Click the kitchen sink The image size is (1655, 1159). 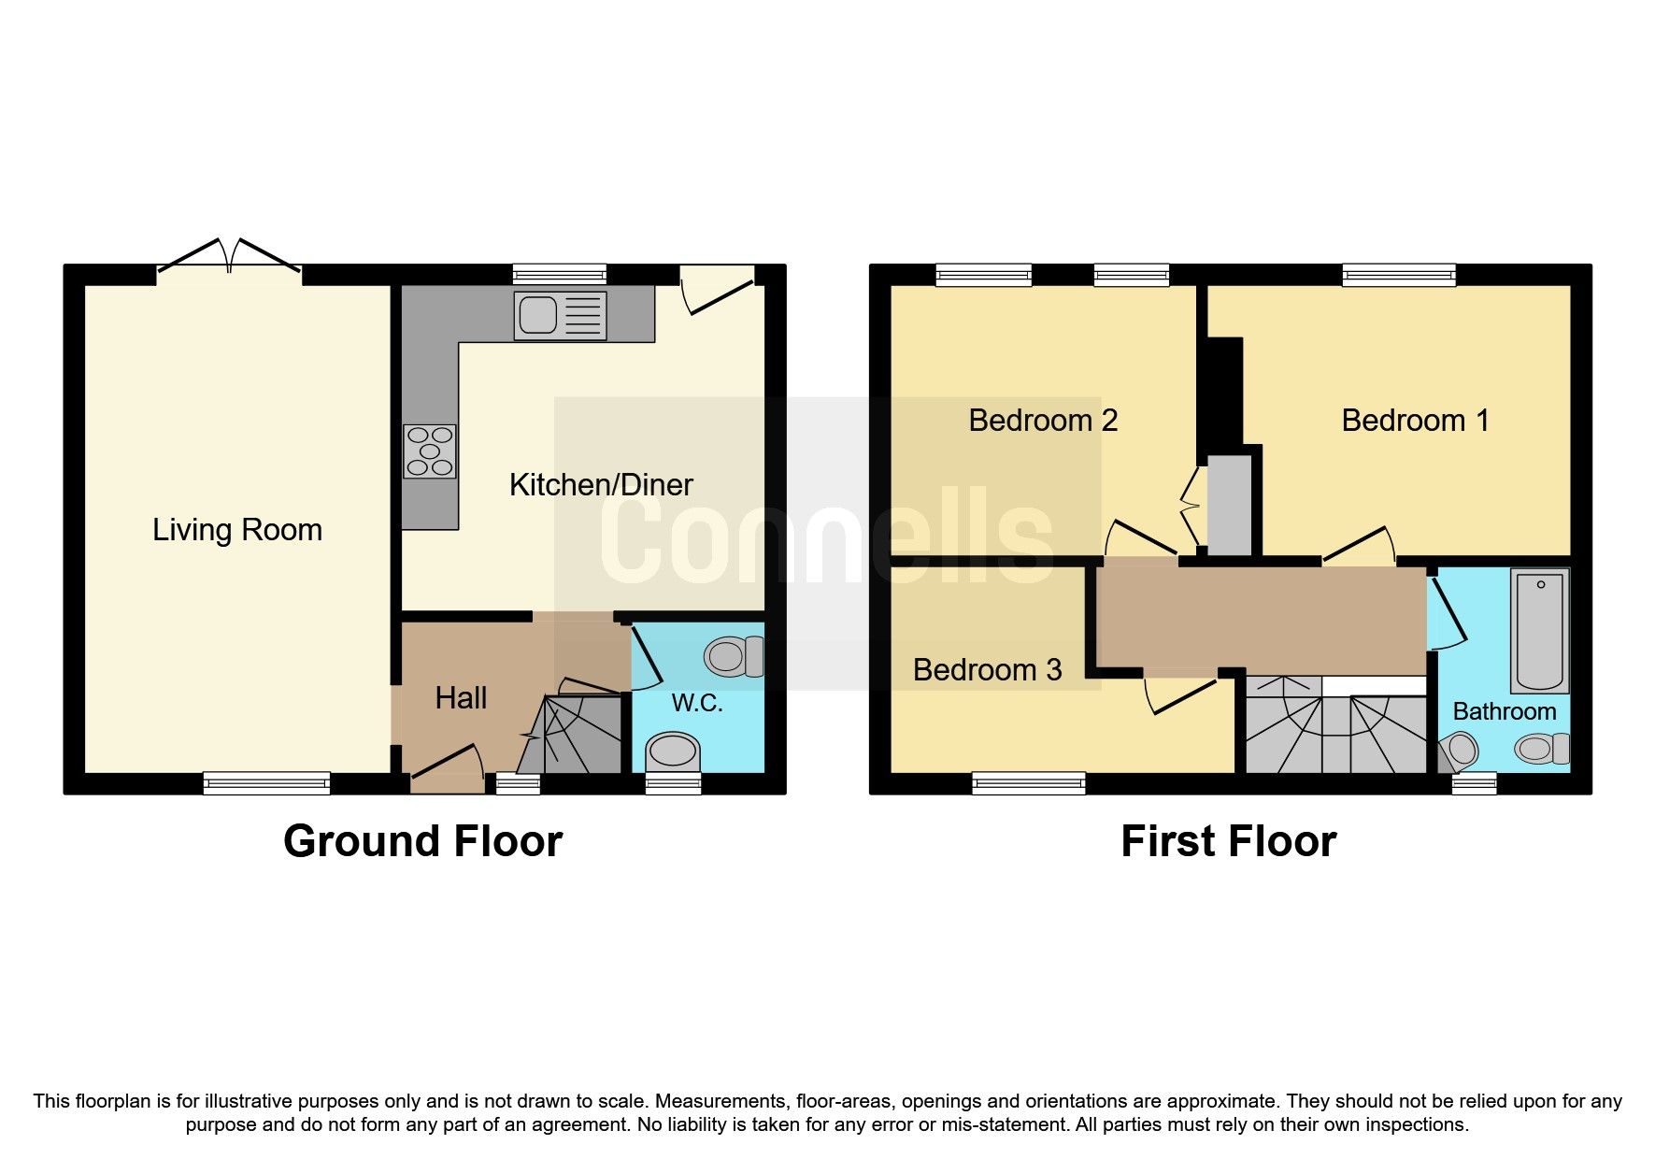click(x=559, y=315)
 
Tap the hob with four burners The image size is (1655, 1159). click(x=430, y=451)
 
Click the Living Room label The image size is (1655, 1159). click(x=237, y=530)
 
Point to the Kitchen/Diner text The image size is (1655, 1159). click(x=601, y=485)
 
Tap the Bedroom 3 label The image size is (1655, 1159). click(x=987, y=670)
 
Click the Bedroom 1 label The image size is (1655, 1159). click(x=1415, y=421)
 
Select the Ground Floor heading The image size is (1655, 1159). click(x=422, y=841)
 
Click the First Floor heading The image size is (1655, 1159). click(x=1228, y=841)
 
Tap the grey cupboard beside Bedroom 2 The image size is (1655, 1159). click(x=1229, y=505)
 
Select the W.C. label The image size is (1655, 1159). click(x=697, y=703)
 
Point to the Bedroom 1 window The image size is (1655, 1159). click(x=1398, y=274)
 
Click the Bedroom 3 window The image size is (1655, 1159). click(x=1028, y=782)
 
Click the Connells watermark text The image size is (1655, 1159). click(x=827, y=537)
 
